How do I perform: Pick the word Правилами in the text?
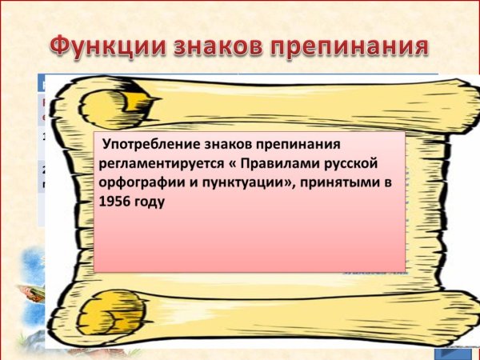click(274, 163)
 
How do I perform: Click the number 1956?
click(115, 202)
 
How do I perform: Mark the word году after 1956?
click(149, 202)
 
